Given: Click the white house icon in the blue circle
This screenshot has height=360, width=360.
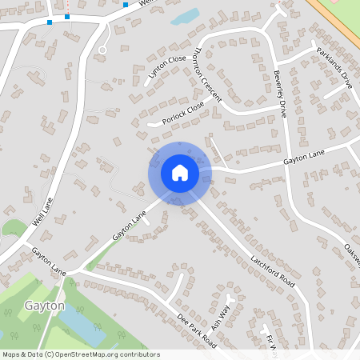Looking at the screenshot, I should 179,172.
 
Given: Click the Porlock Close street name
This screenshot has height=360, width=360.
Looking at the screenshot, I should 183,115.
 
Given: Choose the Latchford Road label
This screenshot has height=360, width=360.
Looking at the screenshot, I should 273,272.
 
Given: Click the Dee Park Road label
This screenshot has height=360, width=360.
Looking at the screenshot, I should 197,329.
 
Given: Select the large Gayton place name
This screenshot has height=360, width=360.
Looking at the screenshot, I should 44,306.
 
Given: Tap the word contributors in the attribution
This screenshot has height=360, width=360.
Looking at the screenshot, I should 140,354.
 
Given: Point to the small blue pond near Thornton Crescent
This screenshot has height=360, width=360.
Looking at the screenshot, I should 186,16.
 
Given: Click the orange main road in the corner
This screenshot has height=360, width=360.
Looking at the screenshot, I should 336,24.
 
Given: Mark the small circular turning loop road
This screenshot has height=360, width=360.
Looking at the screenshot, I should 102,50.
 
